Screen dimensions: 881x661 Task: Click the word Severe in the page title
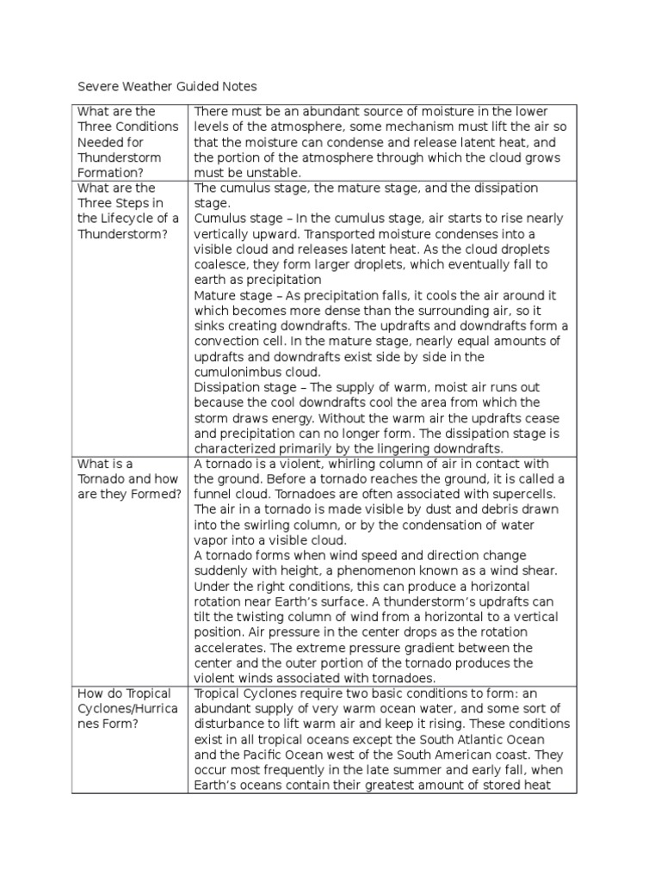point(97,87)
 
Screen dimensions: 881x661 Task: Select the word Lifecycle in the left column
point(120,219)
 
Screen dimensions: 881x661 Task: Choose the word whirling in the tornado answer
point(359,464)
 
